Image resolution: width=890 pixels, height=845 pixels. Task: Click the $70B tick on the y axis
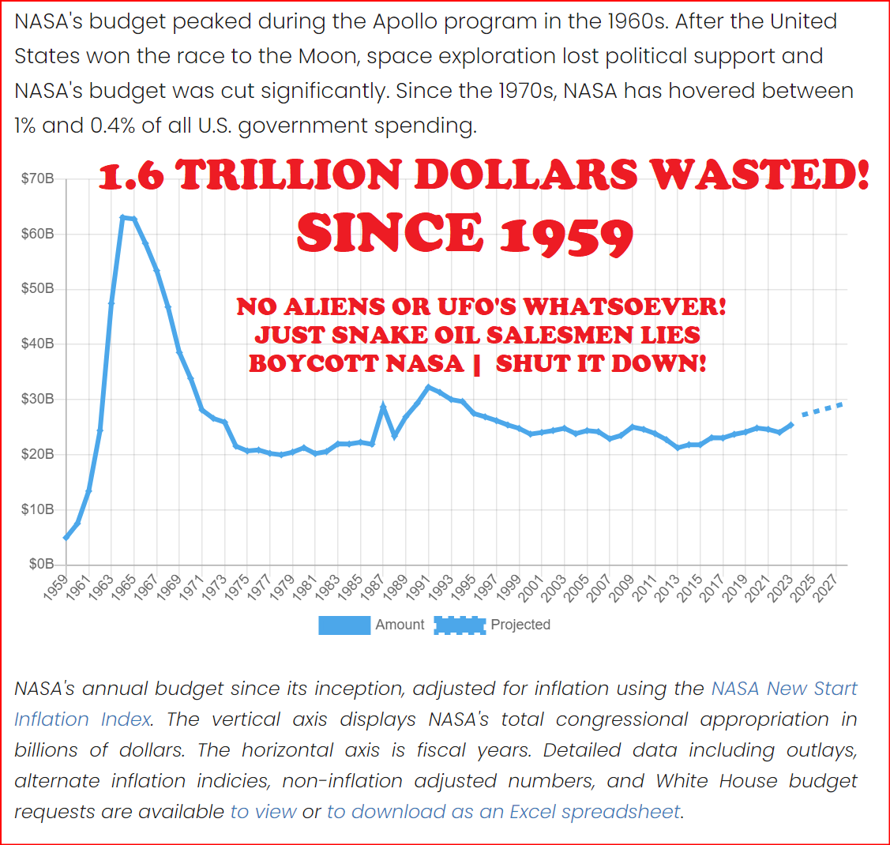pyautogui.click(x=38, y=179)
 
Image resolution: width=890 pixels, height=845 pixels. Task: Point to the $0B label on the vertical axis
pyautogui.click(x=41, y=565)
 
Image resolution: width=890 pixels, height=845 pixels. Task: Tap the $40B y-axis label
pyautogui.click(x=38, y=344)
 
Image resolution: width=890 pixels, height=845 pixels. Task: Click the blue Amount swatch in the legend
pyautogui.click(x=344, y=625)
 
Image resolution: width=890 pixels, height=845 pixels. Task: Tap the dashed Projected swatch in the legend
pyautogui.click(x=460, y=625)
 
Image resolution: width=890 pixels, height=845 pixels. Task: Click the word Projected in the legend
pyautogui.click(x=520, y=625)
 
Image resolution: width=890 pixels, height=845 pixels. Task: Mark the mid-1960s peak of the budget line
pyautogui.click(x=122, y=217)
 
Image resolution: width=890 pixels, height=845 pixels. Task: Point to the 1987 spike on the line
pyautogui.click(x=383, y=406)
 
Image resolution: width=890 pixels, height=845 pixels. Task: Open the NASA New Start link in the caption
pyautogui.click(x=784, y=689)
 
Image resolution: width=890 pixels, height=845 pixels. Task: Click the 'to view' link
pyautogui.click(x=264, y=812)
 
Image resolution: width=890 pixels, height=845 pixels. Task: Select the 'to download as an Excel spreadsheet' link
pyautogui.click(x=504, y=812)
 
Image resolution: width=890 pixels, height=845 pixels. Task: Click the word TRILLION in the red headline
pyautogui.click(x=289, y=176)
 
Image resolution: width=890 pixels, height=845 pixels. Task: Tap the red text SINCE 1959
pyautogui.click(x=465, y=235)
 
